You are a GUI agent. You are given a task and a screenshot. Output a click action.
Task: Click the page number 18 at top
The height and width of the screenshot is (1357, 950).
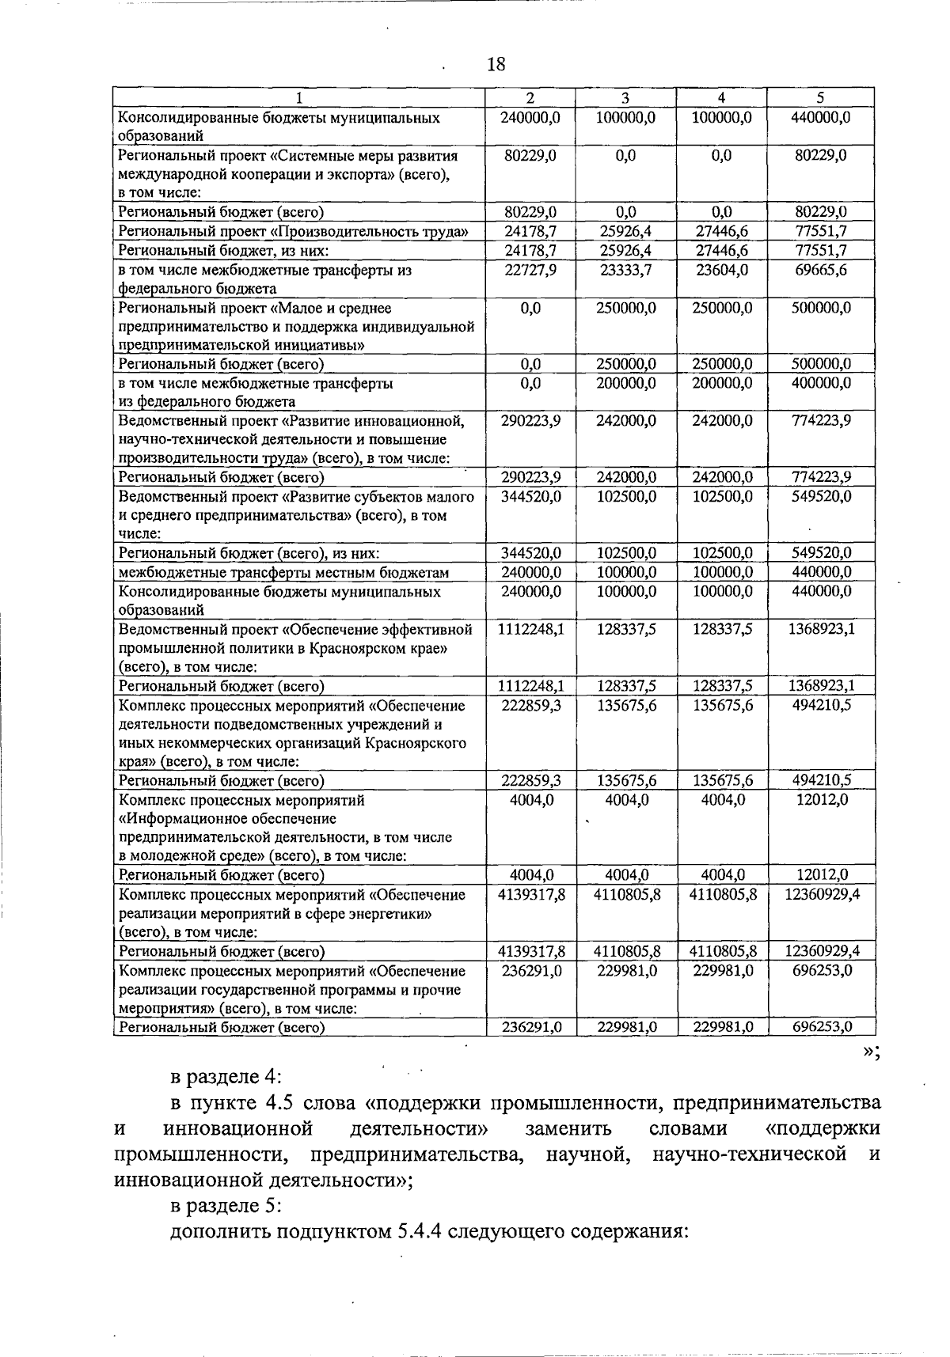click(x=496, y=64)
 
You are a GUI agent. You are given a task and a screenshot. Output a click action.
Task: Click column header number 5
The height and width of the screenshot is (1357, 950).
click(x=820, y=98)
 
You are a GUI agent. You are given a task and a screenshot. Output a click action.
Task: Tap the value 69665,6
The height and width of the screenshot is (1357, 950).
click(x=821, y=270)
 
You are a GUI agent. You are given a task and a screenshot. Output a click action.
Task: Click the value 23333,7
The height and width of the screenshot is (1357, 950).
click(x=625, y=270)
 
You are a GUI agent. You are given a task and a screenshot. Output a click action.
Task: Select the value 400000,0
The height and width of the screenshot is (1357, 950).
click(x=821, y=383)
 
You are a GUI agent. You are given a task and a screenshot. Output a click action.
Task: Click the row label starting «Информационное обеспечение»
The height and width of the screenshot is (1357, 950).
click(x=227, y=818)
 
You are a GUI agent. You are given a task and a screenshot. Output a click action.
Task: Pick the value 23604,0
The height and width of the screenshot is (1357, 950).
click(x=721, y=270)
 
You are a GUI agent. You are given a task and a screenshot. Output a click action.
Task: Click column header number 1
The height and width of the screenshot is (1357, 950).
click(x=298, y=98)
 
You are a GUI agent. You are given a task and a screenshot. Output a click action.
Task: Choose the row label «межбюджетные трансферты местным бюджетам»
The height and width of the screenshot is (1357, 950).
click(x=283, y=572)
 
